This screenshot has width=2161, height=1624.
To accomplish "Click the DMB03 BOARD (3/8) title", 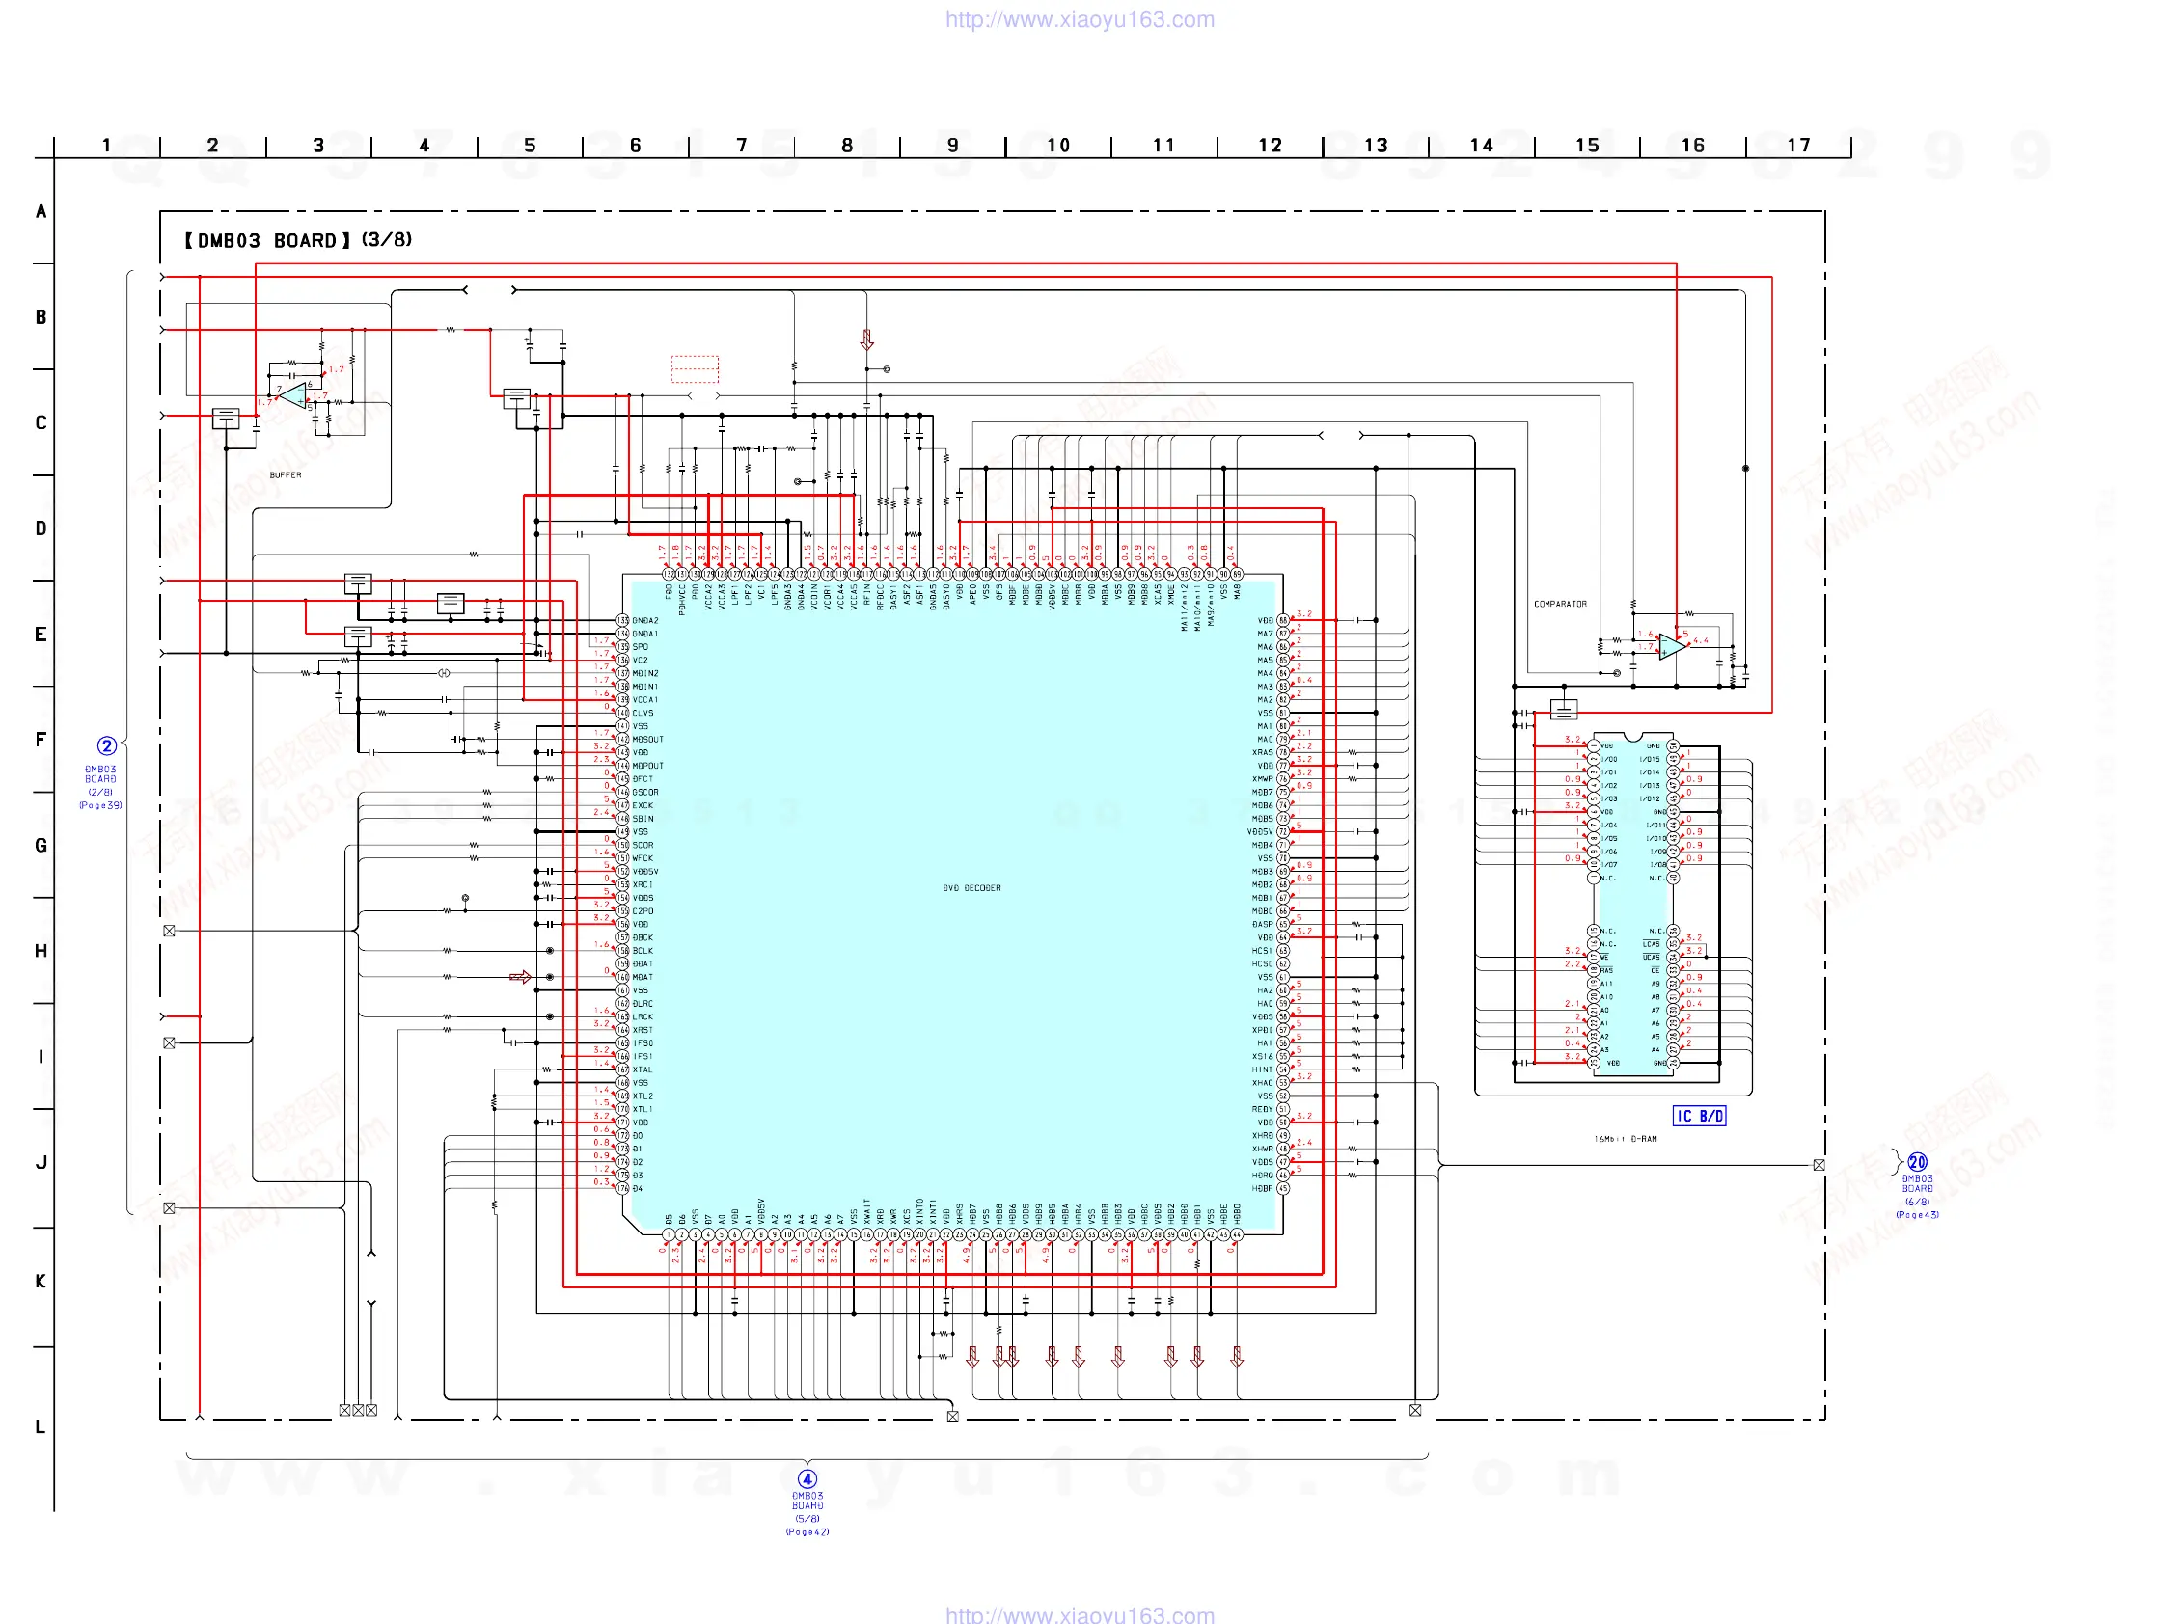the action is pyautogui.click(x=298, y=240).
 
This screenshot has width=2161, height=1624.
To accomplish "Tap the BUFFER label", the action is pyautogui.click(x=286, y=475).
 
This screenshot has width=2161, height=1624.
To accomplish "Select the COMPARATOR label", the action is pyautogui.click(x=1559, y=605).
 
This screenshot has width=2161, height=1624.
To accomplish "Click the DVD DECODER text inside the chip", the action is pyautogui.click(x=971, y=888).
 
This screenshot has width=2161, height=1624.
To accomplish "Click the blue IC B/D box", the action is pyautogui.click(x=1699, y=1116).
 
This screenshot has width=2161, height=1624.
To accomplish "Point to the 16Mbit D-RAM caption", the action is pyautogui.click(x=1625, y=1140).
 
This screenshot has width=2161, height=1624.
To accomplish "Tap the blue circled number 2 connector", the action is pyautogui.click(x=106, y=747).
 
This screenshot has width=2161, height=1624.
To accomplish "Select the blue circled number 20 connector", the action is pyautogui.click(x=1917, y=1163).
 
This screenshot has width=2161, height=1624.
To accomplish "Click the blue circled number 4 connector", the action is pyautogui.click(x=807, y=1479).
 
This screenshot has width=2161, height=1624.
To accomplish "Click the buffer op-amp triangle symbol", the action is pyautogui.click(x=292, y=395).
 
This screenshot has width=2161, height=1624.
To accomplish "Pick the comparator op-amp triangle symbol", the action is pyautogui.click(x=1672, y=646).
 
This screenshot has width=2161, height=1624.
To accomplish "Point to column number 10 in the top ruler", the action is pyautogui.click(x=1058, y=146).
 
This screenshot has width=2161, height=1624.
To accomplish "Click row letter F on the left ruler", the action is pyautogui.click(x=41, y=741).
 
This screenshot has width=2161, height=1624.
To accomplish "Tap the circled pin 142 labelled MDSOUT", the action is pyautogui.click(x=622, y=741).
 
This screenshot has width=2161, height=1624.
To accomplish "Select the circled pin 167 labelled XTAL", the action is pyautogui.click(x=622, y=1070).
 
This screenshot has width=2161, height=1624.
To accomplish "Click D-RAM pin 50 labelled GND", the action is pyautogui.click(x=1673, y=746).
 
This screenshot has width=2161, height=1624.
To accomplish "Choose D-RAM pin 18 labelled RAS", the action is pyautogui.click(x=1594, y=972).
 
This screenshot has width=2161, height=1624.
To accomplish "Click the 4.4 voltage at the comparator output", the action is pyautogui.click(x=1701, y=640).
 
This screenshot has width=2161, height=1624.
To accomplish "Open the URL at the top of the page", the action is pyautogui.click(x=1080, y=19).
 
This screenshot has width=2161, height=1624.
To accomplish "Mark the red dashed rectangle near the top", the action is pyautogui.click(x=695, y=369).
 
